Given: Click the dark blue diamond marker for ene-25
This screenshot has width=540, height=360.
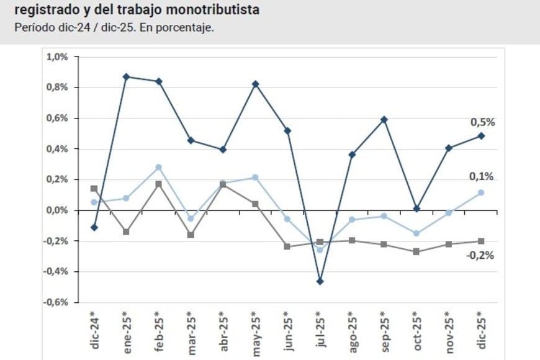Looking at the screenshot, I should point(126,77).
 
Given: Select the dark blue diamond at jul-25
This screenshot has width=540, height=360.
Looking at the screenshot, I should point(320,281).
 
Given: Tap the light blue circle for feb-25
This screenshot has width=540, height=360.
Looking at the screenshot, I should point(158,168).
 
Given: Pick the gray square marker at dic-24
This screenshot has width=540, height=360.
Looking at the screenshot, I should point(94,189).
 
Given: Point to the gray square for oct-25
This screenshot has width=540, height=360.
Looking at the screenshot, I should point(416,251).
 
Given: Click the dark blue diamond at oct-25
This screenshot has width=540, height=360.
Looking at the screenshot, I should point(416,209).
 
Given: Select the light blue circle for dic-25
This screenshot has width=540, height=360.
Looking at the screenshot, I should point(481,192).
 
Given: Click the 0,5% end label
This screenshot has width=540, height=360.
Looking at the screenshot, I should point(482,122).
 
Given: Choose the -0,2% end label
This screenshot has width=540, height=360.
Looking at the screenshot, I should point(480,254).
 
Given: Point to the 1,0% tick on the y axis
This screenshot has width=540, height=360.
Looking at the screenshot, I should point(56,57).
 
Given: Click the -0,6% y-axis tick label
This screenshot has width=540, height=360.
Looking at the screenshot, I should point(55,302).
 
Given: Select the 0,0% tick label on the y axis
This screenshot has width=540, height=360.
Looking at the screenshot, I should point(56,210).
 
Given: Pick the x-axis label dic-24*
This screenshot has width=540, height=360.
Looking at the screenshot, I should point(94,328).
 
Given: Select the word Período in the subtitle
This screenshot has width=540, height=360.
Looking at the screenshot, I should point(32,29).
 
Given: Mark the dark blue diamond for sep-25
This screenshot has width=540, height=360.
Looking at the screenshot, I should point(384,119).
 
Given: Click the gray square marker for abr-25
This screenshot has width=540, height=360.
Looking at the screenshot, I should point(223,184).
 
